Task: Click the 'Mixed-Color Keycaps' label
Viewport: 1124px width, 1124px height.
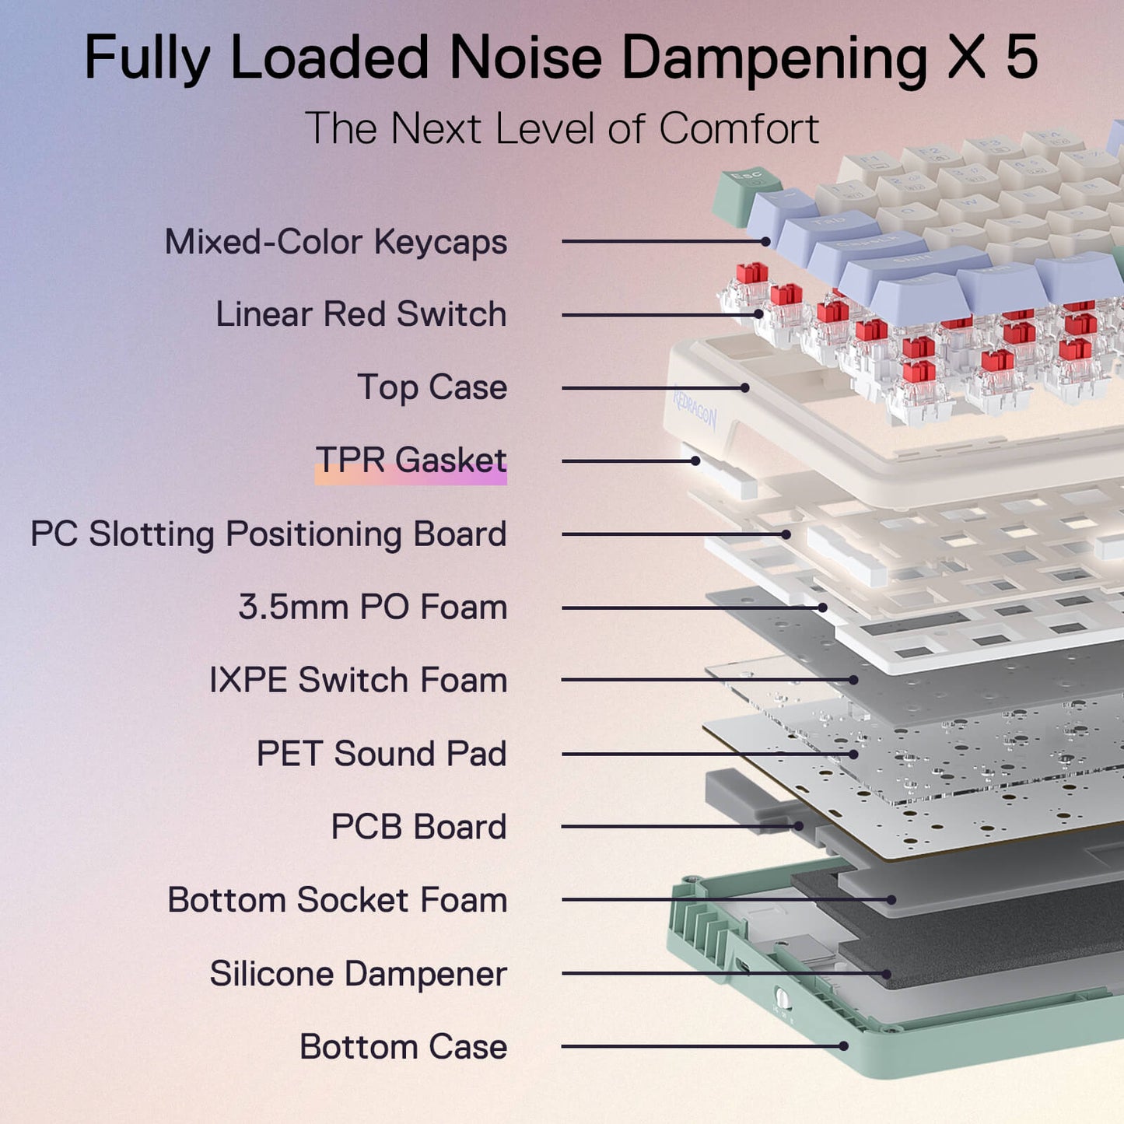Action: tap(335, 242)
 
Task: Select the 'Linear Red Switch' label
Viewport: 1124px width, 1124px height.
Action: tap(361, 314)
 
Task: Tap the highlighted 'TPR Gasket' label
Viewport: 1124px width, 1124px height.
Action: tap(411, 460)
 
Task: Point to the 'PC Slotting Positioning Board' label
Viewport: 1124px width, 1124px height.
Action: tap(268, 534)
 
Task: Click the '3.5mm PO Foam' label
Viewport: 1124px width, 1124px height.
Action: tap(373, 608)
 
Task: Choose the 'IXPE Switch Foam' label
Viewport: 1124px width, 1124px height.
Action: tap(358, 680)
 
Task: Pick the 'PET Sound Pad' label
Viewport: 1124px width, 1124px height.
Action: tap(381, 754)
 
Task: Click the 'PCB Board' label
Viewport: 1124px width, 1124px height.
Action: tap(418, 827)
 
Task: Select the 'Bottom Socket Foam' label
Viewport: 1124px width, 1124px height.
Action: tap(337, 900)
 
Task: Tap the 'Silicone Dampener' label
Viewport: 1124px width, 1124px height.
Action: tap(358, 974)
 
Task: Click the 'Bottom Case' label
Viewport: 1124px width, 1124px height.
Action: tap(403, 1047)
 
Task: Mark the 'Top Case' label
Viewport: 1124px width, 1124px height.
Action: tap(432, 387)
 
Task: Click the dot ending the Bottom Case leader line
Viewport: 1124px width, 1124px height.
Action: tap(844, 1046)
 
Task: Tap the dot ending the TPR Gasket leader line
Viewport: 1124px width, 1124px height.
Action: tap(695, 460)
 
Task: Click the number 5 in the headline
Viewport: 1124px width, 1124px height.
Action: tap(1021, 58)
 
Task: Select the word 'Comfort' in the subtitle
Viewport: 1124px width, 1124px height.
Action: tap(739, 128)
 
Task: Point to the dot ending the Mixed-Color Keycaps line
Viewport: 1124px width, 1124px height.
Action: tap(766, 241)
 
